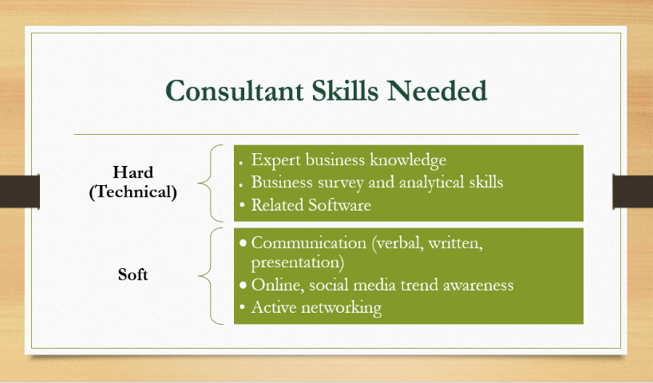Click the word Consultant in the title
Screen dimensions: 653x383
point(235,91)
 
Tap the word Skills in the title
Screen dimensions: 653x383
point(345,91)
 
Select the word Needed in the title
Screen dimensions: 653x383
point(437,91)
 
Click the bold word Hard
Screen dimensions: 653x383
point(133,172)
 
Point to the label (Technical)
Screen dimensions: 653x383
point(133,192)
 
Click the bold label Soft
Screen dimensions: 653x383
point(133,274)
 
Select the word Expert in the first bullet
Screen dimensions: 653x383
point(275,160)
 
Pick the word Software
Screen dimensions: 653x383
point(340,205)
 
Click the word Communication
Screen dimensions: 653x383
point(309,243)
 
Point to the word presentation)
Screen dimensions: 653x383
point(298,263)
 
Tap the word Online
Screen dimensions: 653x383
point(277,285)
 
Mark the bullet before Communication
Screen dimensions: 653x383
point(243,243)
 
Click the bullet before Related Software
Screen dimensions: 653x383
point(243,204)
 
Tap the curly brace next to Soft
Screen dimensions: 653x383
point(210,275)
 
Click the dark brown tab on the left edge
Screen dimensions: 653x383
point(20,191)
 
